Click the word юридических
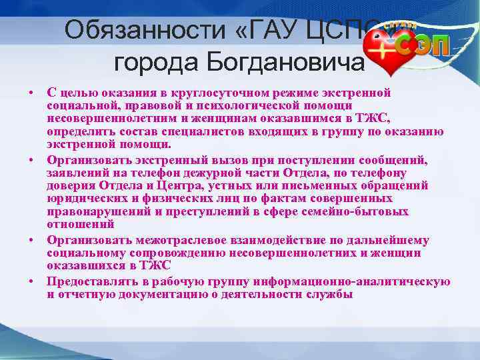pos(85,199)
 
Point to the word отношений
pos(76,224)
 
